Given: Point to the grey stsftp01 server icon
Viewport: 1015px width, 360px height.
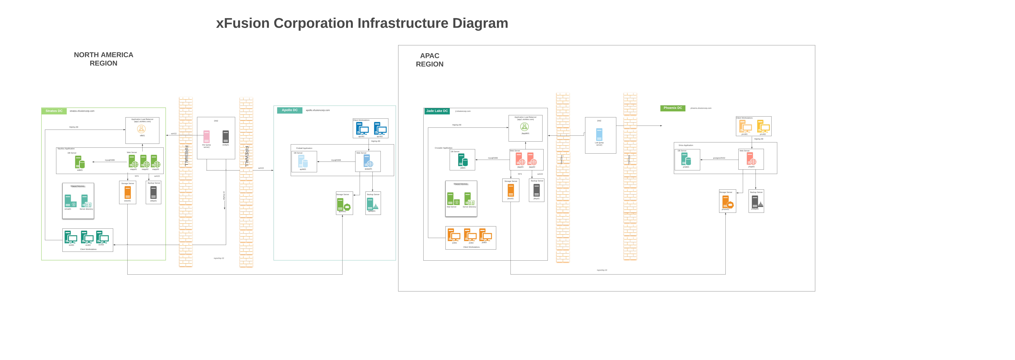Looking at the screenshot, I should tap(225, 137).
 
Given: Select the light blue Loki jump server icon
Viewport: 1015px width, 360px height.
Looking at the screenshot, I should tap(599, 134).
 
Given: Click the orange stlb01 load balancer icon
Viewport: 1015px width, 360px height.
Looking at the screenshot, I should tap(141, 129).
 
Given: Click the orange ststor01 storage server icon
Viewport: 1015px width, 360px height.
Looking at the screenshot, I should tap(127, 193).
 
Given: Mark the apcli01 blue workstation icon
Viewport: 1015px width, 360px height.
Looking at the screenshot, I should tap(362, 128).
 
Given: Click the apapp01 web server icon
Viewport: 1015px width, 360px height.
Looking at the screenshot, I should tap(368, 161).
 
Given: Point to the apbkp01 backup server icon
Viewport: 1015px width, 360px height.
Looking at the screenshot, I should tap(372, 204).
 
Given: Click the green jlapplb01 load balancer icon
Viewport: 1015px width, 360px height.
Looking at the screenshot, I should tap(524, 126).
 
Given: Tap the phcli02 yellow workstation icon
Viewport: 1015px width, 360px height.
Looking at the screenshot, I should tap(763, 126).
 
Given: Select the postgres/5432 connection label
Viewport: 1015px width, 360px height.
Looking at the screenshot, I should tap(719, 158).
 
